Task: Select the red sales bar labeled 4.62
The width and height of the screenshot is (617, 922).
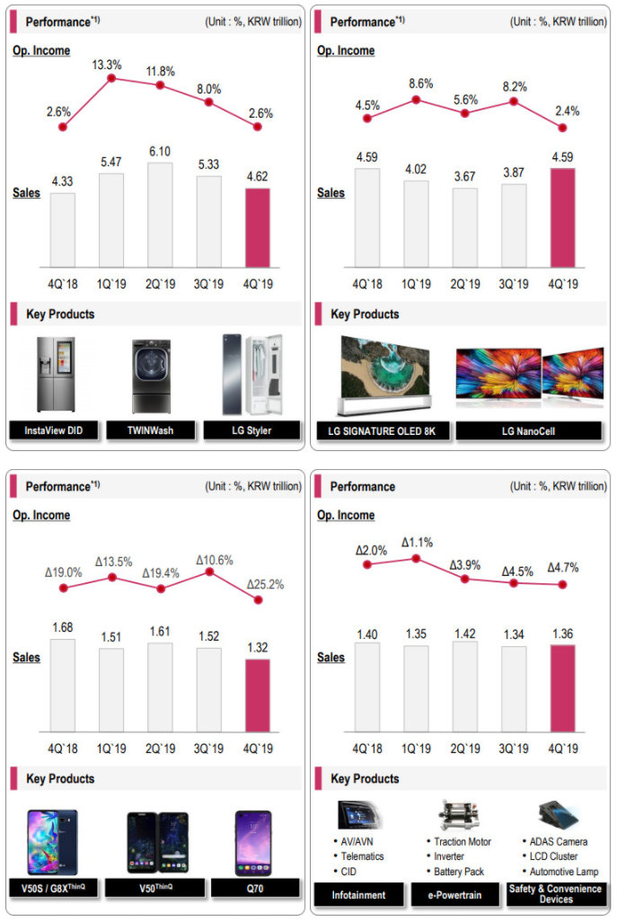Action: tap(257, 228)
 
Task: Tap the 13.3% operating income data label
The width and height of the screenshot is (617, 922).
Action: tap(111, 64)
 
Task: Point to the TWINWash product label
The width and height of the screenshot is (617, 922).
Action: tap(151, 430)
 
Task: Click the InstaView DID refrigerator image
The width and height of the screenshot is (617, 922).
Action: tap(56, 375)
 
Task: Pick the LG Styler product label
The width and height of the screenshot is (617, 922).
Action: tap(250, 430)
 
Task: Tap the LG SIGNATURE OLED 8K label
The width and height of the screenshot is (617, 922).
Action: tap(381, 430)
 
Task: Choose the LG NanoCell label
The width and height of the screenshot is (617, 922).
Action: tap(528, 430)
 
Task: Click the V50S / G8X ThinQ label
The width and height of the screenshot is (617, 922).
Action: tap(56, 888)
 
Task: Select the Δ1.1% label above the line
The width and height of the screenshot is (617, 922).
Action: tap(417, 543)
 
